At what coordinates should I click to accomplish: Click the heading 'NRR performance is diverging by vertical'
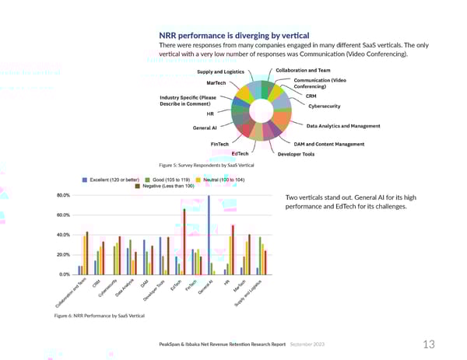[234, 35]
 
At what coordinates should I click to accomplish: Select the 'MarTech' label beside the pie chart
[216, 83]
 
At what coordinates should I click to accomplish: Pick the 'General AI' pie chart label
[204, 128]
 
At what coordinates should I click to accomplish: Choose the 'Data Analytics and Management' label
[343, 126]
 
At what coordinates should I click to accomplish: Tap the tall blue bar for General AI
[209, 234]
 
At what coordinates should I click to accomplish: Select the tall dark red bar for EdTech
[184, 241]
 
